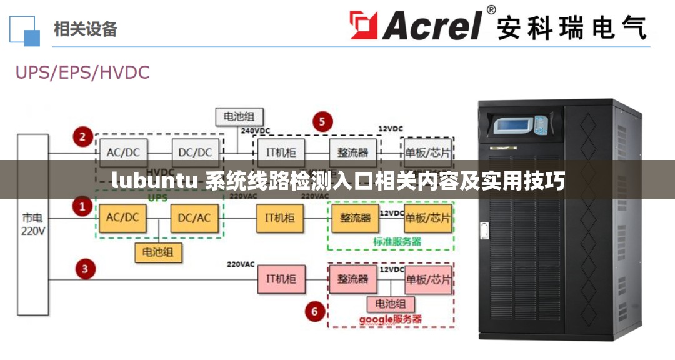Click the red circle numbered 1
point(82,206)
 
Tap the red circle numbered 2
point(82,136)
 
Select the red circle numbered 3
point(86,269)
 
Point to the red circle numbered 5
point(322,121)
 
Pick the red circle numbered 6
point(314,311)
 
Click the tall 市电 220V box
point(32,224)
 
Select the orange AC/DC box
point(122,218)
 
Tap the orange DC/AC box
point(195,218)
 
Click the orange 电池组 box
point(158,252)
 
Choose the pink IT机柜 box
point(281,279)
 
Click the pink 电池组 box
point(391,304)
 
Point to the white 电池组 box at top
point(239,117)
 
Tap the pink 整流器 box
point(353,279)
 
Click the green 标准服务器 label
point(397,241)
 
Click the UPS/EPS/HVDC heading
point(82,72)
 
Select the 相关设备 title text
point(86,29)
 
